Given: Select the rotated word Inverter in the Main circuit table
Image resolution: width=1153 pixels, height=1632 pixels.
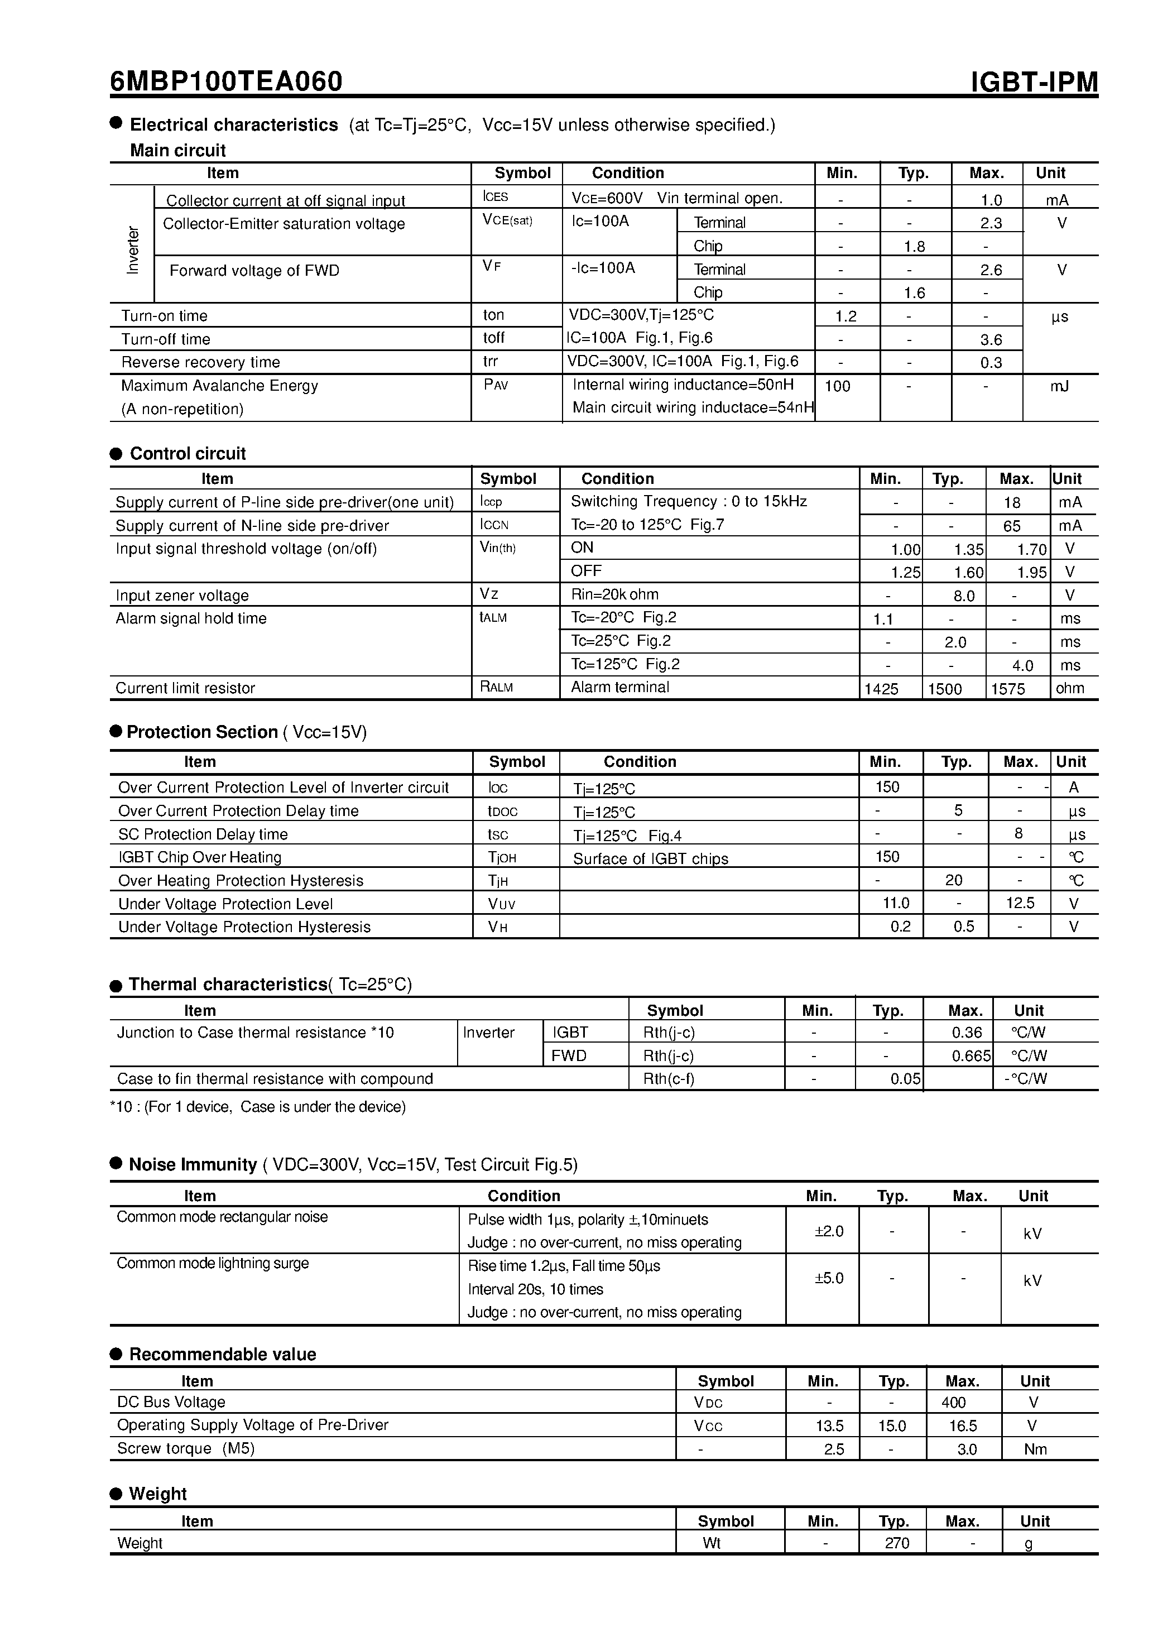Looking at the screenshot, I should coord(133,249).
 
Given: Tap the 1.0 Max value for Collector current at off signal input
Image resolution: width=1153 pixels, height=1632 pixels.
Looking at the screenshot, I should coord(991,200).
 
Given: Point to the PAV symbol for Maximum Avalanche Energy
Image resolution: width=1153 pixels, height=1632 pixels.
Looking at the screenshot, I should coord(496,385).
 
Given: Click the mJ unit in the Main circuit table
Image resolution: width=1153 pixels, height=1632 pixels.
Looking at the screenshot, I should coord(1059,386).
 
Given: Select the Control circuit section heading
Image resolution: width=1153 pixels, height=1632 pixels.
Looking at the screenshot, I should coord(188,454).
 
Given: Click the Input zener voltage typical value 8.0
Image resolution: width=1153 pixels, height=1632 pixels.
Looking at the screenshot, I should coord(963,596).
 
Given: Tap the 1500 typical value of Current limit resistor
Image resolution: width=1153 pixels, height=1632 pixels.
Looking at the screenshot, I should coord(945,689).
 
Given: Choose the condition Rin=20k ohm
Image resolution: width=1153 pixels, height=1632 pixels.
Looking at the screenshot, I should coord(614,594).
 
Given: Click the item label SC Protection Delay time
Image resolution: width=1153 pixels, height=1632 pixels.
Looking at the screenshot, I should coord(203,834).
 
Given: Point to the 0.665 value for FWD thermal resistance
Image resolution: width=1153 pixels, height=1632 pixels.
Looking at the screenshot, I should coord(971,1056).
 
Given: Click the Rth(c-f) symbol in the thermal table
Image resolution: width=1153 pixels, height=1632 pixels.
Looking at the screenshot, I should coord(668,1079).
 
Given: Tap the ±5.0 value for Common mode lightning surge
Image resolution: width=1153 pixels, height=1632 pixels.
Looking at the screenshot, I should coord(829,1278).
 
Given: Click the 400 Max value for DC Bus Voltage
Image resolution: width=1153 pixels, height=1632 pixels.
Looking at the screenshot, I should coord(953,1403).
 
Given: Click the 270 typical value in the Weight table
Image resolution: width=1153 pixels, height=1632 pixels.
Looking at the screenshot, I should coord(896,1543).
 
